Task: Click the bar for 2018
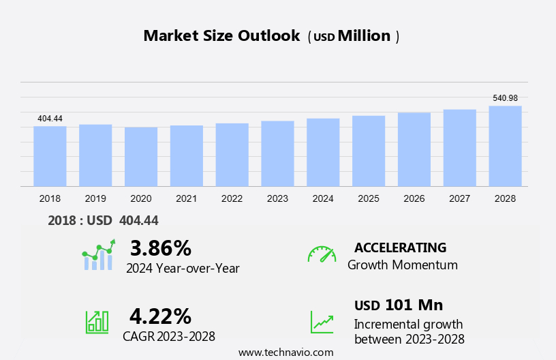[x=50, y=156]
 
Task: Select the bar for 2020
[x=141, y=157]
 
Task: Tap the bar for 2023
[x=277, y=153]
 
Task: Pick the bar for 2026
[x=414, y=149]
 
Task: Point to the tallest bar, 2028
[x=505, y=146]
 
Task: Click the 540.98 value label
[x=505, y=98]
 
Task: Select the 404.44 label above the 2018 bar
[x=50, y=119]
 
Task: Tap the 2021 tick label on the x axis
[x=186, y=198]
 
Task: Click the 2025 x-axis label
[x=369, y=198]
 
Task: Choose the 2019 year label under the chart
[x=95, y=198]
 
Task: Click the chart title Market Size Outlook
[x=221, y=36]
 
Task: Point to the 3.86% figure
[x=161, y=247]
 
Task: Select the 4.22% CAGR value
[x=161, y=316]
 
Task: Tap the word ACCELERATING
[x=400, y=247]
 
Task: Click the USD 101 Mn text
[x=399, y=305]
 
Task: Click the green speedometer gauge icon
[x=322, y=254]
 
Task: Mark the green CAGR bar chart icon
[x=97, y=322]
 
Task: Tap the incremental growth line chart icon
[x=322, y=322]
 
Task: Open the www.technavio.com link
[x=285, y=352]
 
